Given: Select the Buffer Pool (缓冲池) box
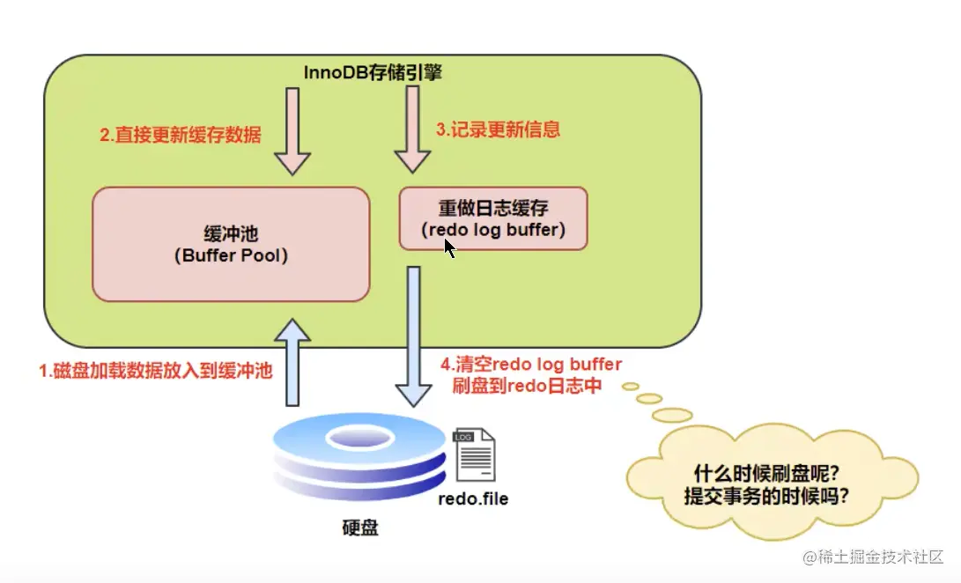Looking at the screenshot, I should point(231,244).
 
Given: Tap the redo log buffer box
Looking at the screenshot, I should point(493,218).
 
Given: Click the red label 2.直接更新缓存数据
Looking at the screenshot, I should point(180,136).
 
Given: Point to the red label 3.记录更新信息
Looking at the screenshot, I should point(498,129).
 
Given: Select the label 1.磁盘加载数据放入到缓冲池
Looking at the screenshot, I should point(155,371).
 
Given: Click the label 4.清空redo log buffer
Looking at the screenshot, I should point(531,365).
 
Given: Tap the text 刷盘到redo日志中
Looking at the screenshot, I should point(527,386).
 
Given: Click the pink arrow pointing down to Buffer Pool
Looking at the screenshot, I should point(292,131).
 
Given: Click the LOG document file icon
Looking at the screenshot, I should point(473,455).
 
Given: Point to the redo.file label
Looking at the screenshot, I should point(473,498).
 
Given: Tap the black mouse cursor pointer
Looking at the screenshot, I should point(449,248).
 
